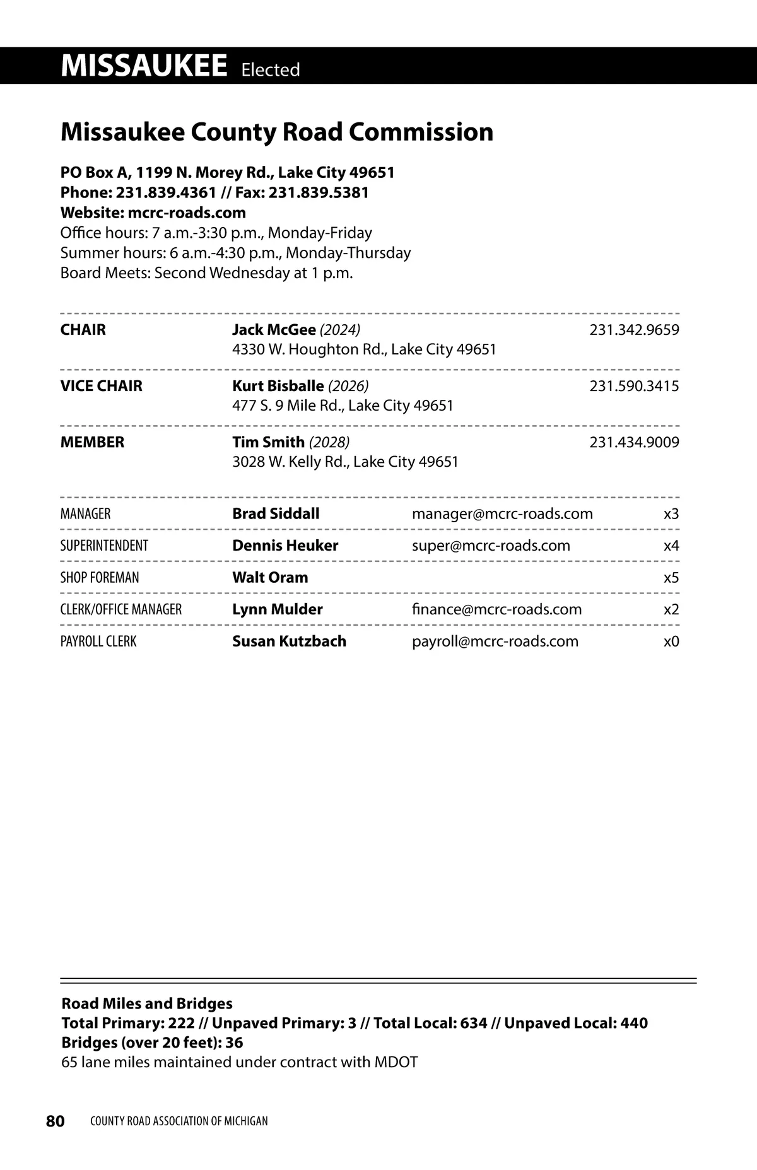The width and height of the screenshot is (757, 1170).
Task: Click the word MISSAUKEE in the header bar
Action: pos(144,66)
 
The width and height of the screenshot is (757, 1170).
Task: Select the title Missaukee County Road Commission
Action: pos(277,132)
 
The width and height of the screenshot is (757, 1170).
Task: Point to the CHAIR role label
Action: pos(83,330)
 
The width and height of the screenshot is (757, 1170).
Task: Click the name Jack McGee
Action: pos(274,330)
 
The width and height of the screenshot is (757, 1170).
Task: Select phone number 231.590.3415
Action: pos(634,386)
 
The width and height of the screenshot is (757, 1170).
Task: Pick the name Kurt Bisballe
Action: pos(278,386)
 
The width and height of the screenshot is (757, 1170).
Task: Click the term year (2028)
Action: pos(329,442)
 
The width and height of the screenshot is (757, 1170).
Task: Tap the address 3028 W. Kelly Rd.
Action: pos(290,462)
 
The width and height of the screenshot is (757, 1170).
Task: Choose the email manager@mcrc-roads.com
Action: pos(502,514)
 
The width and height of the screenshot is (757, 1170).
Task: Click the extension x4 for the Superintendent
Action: pos(671,546)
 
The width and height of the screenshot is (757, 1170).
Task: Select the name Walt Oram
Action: pos(270,578)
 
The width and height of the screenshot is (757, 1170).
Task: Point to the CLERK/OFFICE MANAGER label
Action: pos(121,610)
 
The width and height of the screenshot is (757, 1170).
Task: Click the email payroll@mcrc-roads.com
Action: pos(495,641)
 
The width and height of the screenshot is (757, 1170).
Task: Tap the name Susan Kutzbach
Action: pos(289,641)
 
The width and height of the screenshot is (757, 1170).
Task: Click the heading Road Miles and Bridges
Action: pos(147,1003)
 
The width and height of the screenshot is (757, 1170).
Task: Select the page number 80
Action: pos(56,1121)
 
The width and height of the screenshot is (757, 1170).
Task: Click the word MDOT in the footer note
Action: pos(396,1062)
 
